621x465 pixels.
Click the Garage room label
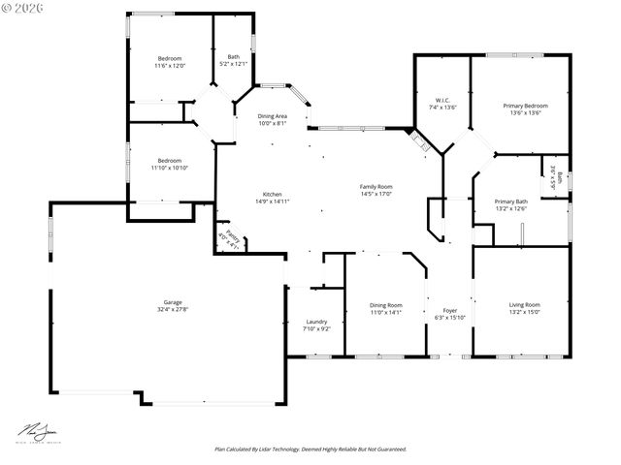(x=173, y=302)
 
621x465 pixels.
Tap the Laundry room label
(x=316, y=322)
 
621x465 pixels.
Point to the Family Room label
(x=376, y=186)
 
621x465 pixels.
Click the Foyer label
(x=450, y=310)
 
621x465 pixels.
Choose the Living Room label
(x=525, y=305)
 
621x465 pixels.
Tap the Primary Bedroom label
(x=525, y=106)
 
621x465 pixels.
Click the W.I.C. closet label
(x=442, y=100)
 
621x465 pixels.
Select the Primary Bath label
(x=510, y=201)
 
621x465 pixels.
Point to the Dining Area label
(x=273, y=116)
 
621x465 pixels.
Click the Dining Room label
(x=385, y=305)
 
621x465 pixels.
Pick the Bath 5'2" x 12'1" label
(x=233, y=57)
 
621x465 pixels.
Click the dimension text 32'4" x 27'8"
(x=173, y=309)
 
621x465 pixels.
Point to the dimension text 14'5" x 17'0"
(x=376, y=194)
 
